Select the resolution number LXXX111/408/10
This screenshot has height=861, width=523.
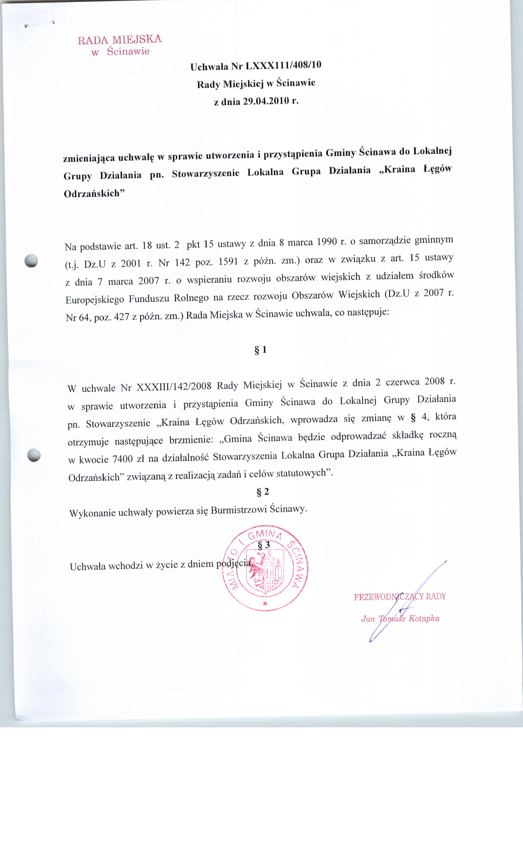(283, 65)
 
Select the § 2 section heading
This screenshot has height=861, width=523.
(263, 492)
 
